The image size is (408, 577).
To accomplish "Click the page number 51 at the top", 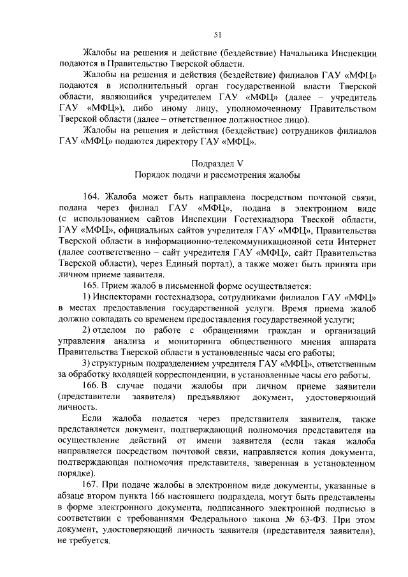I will (217, 35).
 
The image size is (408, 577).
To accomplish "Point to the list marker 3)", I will (88, 363).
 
